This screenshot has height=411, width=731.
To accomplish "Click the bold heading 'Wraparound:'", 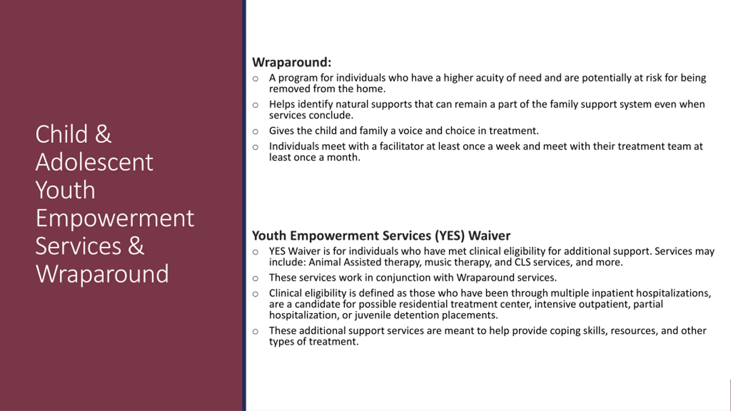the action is point(292,62).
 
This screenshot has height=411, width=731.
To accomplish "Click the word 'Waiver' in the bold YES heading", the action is point(489,236).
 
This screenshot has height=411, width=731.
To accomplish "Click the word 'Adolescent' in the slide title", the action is point(94,162).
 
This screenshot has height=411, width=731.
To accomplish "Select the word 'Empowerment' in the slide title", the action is point(115,219).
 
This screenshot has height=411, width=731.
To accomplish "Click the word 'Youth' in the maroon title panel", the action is point(65,190).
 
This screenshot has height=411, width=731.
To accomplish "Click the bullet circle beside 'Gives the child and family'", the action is point(256,132).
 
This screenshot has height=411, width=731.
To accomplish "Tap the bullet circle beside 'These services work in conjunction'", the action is point(256,279).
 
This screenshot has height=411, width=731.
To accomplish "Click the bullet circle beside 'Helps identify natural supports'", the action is point(256,105).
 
